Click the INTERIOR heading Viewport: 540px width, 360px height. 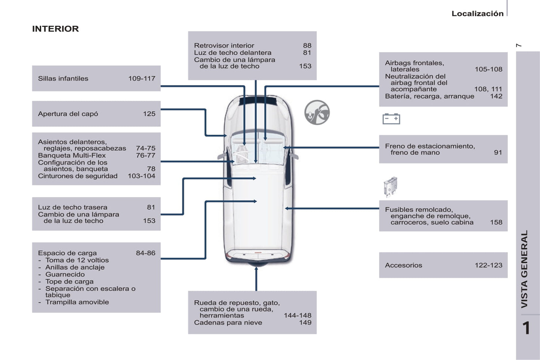(x=55, y=29)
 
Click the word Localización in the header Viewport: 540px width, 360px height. (x=477, y=13)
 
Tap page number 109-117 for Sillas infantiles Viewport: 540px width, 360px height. (x=142, y=78)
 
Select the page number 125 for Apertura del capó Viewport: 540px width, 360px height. (x=149, y=114)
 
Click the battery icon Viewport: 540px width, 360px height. (x=391, y=119)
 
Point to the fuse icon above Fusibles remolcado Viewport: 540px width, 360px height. (x=390, y=186)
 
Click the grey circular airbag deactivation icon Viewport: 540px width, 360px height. (x=317, y=112)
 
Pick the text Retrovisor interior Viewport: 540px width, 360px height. (x=224, y=46)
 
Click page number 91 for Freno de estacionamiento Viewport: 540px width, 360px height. (x=498, y=152)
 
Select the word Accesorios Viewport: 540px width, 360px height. (x=404, y=265)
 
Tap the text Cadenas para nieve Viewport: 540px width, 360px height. (x=228, y=323)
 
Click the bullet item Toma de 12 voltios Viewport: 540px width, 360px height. (x=77, y=260)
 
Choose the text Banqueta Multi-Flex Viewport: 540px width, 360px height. (x=72, y=155)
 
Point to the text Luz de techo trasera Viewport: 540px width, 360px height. (x=72, y=207)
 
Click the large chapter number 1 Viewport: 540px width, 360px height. (x=526, y=328)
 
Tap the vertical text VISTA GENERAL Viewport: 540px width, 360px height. (x=525, y=269)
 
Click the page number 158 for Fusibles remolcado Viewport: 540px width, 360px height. (x=496, y=222)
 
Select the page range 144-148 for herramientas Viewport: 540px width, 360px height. (x=297, y=316)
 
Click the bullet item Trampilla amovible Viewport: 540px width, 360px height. (x=77, y=302)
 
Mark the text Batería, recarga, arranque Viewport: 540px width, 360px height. (x=429, y=96)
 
